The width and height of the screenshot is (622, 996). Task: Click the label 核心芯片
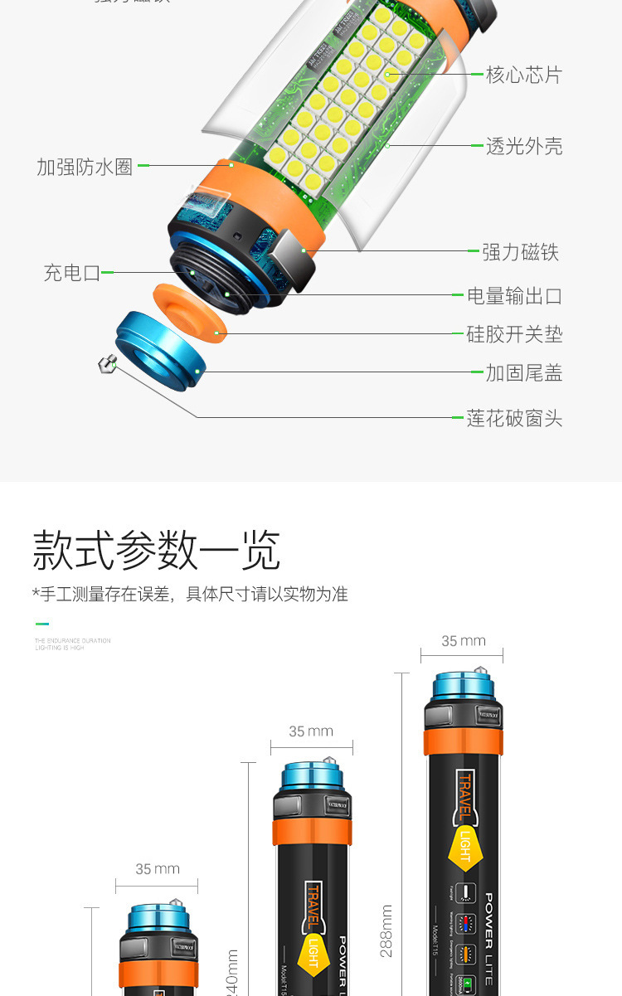click(x=523, y=75)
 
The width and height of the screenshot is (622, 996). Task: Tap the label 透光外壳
click(x=523, y=147)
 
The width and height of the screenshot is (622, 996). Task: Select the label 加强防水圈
click(x=85, y=166)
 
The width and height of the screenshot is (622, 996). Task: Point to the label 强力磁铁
click(x=520, y=252)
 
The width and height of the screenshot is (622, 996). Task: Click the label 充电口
click(x=72, y=273)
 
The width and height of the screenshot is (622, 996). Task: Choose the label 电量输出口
click(x=514, y=296)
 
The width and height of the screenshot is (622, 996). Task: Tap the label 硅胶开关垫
click(x=514, y=334)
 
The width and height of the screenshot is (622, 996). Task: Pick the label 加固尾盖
click(x=523, y=373)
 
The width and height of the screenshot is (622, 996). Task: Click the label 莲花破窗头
click(x=514, y=419)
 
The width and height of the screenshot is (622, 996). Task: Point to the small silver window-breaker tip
click(x=106, y=363)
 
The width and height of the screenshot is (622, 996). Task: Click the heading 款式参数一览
click(x=157, y=550)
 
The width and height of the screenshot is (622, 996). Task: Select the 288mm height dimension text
click(x=386, y=930)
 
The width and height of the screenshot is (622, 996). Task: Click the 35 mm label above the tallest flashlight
click(x=463, y=641)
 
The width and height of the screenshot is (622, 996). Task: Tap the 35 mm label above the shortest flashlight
click(x=158, y=869)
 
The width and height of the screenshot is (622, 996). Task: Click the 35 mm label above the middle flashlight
click(x=311, y=731)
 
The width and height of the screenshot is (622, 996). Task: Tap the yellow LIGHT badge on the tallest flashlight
click(x=465, y=846)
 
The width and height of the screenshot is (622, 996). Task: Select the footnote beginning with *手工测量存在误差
click(x=190, y=594)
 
